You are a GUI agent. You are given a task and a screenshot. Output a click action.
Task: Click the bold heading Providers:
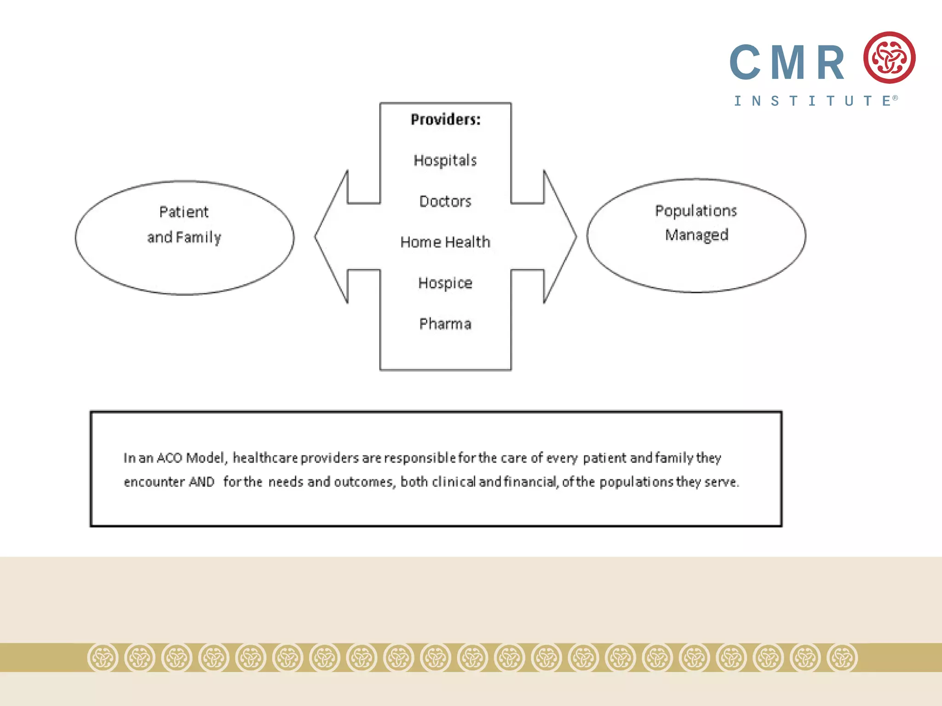(x=445, y=120)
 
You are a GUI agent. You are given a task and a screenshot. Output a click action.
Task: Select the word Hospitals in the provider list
(x=445, y=160)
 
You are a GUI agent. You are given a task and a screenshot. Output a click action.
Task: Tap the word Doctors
(x=445, y=201)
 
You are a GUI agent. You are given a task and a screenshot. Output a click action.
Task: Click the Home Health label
(x=445, y=242)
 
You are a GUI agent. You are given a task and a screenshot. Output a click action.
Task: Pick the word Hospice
(x=445, y=283)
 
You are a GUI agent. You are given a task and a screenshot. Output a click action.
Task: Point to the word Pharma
(x=445, y=324)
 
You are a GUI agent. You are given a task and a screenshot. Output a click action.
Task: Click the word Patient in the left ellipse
(x=184, y=212)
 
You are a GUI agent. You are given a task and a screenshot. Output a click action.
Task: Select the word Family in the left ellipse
(x=198, y=237)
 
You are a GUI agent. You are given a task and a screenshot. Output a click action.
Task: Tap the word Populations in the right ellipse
(x=696, y=211)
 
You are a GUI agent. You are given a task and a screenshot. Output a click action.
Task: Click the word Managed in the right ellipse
(x=696, y=235)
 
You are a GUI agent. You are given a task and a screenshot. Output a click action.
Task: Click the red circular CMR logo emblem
(x=889, y=58)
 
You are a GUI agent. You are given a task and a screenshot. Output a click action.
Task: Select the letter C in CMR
(x=745, y=63)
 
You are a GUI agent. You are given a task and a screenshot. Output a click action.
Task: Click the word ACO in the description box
(x=169, y=458)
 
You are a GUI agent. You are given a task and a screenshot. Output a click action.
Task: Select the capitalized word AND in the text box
(x=202, y=482)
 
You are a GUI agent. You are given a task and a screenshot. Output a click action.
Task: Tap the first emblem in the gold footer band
(x=103, y=658)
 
